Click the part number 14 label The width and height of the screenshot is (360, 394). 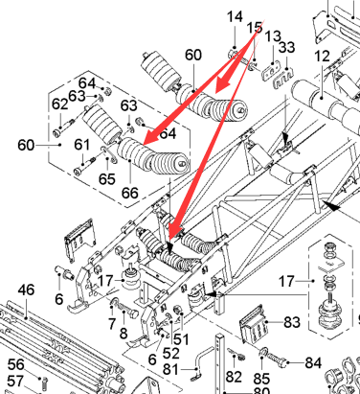coord(235,16)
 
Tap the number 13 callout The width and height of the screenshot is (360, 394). coord(273,36)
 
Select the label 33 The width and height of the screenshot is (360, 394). coord(287,47)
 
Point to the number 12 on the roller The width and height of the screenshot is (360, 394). coord(322,57)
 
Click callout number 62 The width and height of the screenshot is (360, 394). coord(60,104)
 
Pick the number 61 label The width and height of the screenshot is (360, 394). coord(82,145)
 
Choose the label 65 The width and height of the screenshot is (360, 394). coord(107,179)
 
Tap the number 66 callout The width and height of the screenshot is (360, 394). coord(130,193)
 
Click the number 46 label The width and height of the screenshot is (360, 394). coord(26,290)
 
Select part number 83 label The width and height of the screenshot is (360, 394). coord(292,322)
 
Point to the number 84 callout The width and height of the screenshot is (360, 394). coord(313,362)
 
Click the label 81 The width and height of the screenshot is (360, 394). coord(171,370)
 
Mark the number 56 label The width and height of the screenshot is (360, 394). coord(16,364)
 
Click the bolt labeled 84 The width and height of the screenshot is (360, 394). coord(277,359)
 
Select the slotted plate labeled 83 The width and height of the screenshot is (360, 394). coord(254,323)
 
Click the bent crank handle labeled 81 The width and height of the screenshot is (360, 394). coord(201,361)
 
